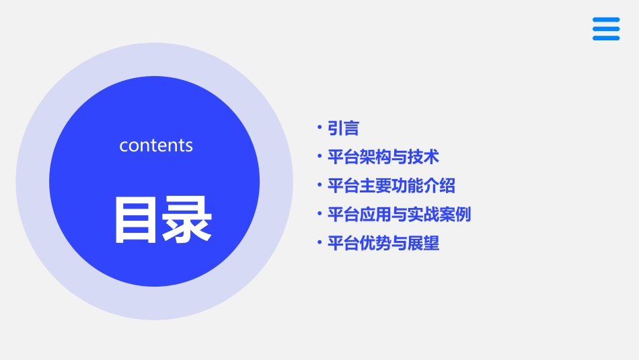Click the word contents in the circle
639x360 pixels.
[x=156, y=145]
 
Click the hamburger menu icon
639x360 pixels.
[x=606, y=29]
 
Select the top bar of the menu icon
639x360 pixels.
[x=606, y=20]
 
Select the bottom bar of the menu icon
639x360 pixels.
[x=606, y=38]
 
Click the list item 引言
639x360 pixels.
[x=343, y=129]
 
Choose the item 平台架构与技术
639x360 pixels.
[x=383, y=157]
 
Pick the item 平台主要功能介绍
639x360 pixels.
[x=391, y=186]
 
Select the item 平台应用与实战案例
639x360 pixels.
[x=399, y=215]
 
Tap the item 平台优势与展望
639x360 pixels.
[x=383, y=243]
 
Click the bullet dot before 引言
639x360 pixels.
[x=319, y=127]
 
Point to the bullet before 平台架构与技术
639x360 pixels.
[x=319, y=156]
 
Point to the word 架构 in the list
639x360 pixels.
[x=367, y=157]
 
